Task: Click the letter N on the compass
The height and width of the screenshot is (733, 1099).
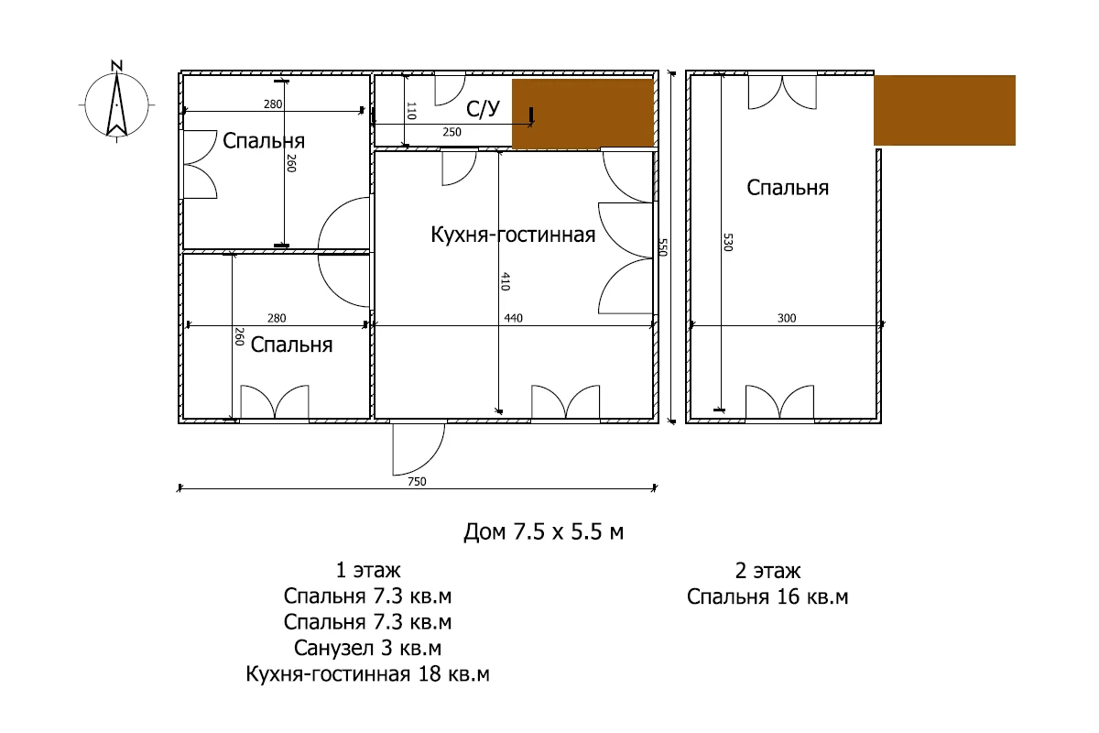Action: coord(116,65)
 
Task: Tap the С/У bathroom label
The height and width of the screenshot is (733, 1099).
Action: coord(483,109)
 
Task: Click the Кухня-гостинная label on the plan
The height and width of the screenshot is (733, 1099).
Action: coord(513,235)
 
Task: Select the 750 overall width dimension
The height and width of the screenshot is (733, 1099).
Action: coord(417,482)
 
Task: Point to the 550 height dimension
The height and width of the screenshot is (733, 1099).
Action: coord(662,247)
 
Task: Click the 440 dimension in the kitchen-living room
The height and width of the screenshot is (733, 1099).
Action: coord(513,318)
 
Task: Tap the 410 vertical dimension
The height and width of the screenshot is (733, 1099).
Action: coord(506,281)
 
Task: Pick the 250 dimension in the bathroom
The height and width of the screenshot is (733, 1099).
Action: coord(452,132)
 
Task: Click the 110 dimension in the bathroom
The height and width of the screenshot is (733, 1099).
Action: coord(411,111)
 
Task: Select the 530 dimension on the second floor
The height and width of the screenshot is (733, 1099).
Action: coord(728,243)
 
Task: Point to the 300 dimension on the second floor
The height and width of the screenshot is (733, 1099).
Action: coord(787,318)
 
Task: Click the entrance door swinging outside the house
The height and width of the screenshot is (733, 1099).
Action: coord(418,449)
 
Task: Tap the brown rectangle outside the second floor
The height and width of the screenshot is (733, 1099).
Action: coord(944,110)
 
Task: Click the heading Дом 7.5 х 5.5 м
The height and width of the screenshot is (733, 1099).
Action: coord(544,531)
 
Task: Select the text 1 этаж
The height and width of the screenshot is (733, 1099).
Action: coord(368,571)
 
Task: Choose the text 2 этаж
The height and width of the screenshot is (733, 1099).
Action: coord(767,571)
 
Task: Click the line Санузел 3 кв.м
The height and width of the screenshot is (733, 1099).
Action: coord(367,648)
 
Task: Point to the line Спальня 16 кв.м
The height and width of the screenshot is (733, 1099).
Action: coord(767,597)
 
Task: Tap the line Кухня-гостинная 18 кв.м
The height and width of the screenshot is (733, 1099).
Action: coord(367,674)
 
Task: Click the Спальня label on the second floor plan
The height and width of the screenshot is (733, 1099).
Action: coord(788,188)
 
